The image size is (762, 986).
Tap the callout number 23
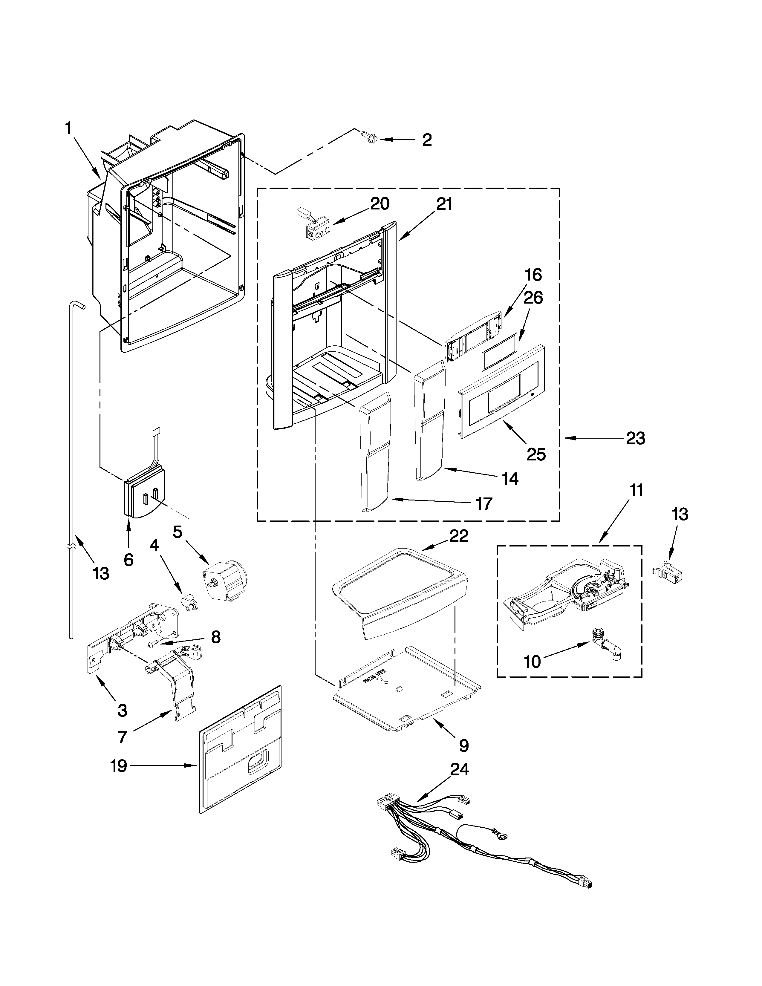point(635,438)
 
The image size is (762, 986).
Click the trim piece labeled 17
point(375,451)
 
